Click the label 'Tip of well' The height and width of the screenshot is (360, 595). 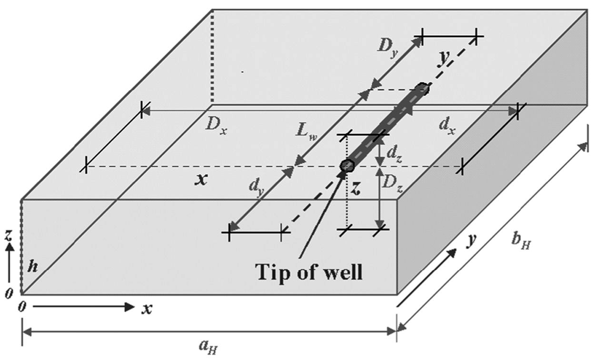[x=309, y=272]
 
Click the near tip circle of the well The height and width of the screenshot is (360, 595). [x=347, y=166]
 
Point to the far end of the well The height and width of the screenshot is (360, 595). [x=422, y=89]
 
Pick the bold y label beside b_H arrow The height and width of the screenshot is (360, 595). [x=472, y=241]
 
